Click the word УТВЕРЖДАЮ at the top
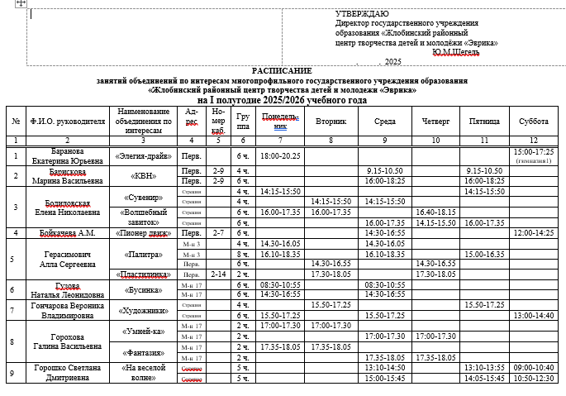[362, 15]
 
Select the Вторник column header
[331, 122]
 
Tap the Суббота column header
[533, 122]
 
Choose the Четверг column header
[435, 122]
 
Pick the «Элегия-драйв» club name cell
[142, 155]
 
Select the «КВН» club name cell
[142, 176]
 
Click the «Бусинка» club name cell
[142, 289]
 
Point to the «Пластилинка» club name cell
[142, 274]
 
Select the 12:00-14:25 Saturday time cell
[533, 233]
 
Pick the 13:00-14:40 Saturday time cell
[533, 315]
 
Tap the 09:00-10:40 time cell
[533, 367]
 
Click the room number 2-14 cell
[218, 274]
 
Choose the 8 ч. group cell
[243, 254]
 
